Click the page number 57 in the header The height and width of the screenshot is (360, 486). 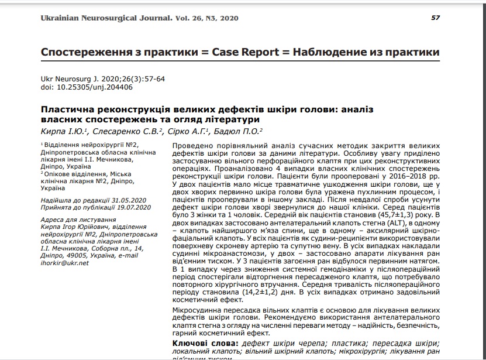[435, 18]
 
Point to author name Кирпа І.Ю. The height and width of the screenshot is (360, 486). [64, 131]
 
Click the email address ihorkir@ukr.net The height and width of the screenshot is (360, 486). [65, 263]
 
